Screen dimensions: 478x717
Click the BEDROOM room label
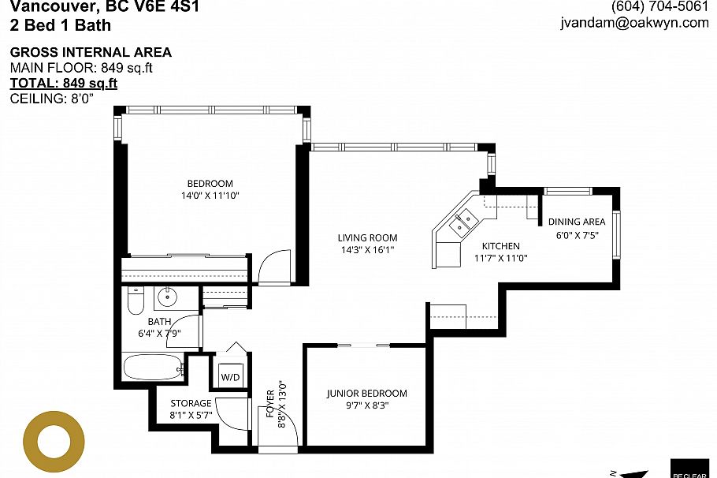click(210, 184)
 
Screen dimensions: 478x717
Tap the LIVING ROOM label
click(367, 237)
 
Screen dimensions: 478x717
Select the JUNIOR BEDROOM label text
click(367, 394)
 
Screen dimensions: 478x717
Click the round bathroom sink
click(167, 298)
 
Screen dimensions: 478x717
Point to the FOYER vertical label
click(270, 408)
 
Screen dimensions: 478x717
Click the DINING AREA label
click(577, 222)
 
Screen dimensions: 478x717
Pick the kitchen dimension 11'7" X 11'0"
click(500, 258)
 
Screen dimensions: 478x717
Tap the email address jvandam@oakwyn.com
click(634, 23)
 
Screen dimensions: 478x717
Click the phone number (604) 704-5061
click(659, 6)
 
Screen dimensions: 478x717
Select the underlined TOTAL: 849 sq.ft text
click(63, 83)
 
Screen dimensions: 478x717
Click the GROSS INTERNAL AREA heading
click(90, 53)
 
